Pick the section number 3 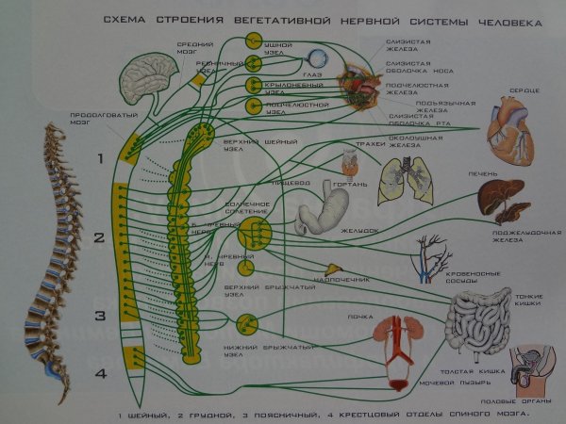coord(97,315)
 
